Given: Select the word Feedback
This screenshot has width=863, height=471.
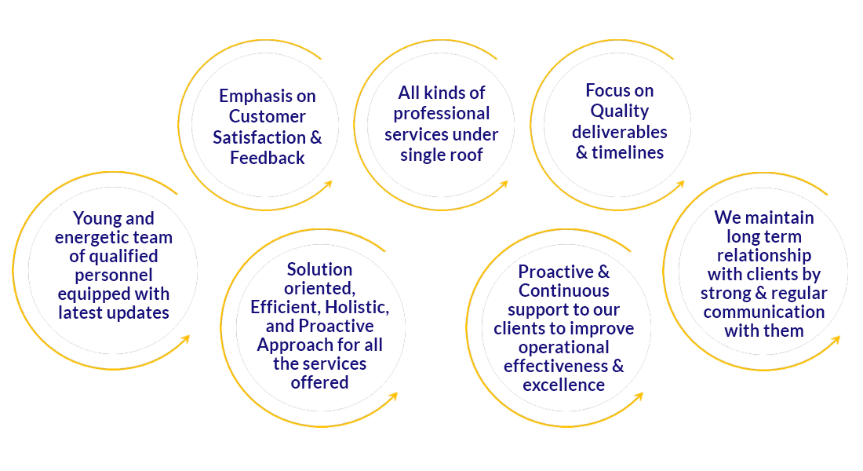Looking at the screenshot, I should pyautogui.click(x=267, y=158).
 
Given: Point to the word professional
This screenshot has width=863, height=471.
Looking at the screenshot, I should pyautogui.click(x=442, y=114).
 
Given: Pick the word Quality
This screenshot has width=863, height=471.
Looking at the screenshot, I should pyautogui.click(x=620, y=111).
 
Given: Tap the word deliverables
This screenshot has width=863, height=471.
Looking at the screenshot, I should pyautogui.click(x=620, y=131).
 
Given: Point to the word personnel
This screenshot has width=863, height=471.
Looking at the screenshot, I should pyautogui.click(x=114, y=275).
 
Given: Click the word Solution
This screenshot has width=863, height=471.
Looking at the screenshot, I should pyautogui.click(x=319, y=270).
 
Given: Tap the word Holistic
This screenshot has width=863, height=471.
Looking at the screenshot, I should pyautogui.click(x=354, y=308).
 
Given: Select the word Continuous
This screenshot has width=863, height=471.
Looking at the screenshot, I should pyautogui.click(x=564, y=290).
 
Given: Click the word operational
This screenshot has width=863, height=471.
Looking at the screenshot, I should pyautogui.click(x=564, y=347).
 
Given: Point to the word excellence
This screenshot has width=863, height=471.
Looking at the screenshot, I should pyautogui.click(x=564, y=385).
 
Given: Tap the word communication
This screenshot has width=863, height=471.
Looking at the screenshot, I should pyautogui.click(x=763, y=312).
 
